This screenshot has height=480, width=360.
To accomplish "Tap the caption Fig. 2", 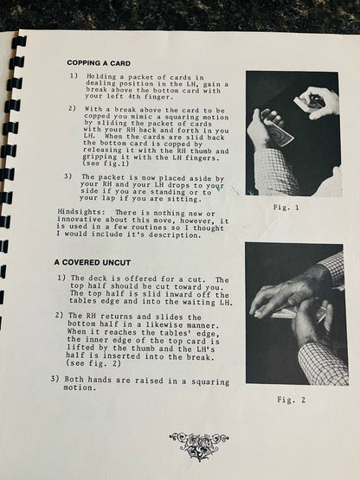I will click(293, 399).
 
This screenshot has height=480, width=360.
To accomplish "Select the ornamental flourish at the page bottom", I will click(198, 445).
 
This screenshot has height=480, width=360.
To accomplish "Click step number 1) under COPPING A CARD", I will click(74, 78).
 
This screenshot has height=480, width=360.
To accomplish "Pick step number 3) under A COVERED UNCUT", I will click(55, 378).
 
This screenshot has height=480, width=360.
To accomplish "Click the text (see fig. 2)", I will click(100, 365).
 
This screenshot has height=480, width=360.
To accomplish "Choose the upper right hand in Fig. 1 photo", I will click(318, 100).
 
